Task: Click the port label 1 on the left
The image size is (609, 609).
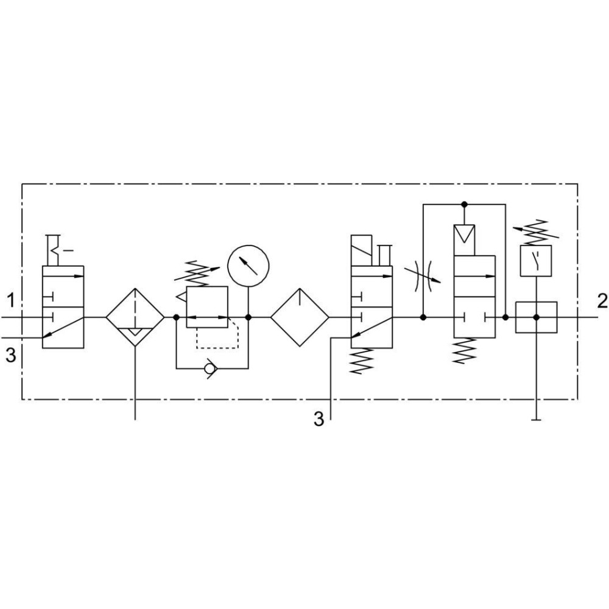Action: click(x=11, y=301)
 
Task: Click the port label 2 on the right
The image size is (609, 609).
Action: click(x=602, y=301)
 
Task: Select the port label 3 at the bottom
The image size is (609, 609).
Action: click(x=319, y=420)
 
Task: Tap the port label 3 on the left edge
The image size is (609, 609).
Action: click(x=11, y=355)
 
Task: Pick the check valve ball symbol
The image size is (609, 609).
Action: click(x=211, y=368)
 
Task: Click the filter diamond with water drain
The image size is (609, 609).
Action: click(x=135, y=317)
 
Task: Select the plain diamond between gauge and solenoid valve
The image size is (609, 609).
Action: click(x=300, y=317)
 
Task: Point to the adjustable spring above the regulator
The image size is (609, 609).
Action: click(x=197, y=272)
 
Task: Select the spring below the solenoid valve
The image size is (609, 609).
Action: click(x=361, y=361)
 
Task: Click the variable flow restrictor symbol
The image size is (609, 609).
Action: click(x=423, y=276)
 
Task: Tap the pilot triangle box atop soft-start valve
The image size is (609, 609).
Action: click(x=464, y=240)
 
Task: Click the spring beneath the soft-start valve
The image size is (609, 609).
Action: click(x=465, y=351)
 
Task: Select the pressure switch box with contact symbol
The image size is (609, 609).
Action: click(x=536, y=261)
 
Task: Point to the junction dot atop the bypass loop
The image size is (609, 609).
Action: click(x=463, y=204)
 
